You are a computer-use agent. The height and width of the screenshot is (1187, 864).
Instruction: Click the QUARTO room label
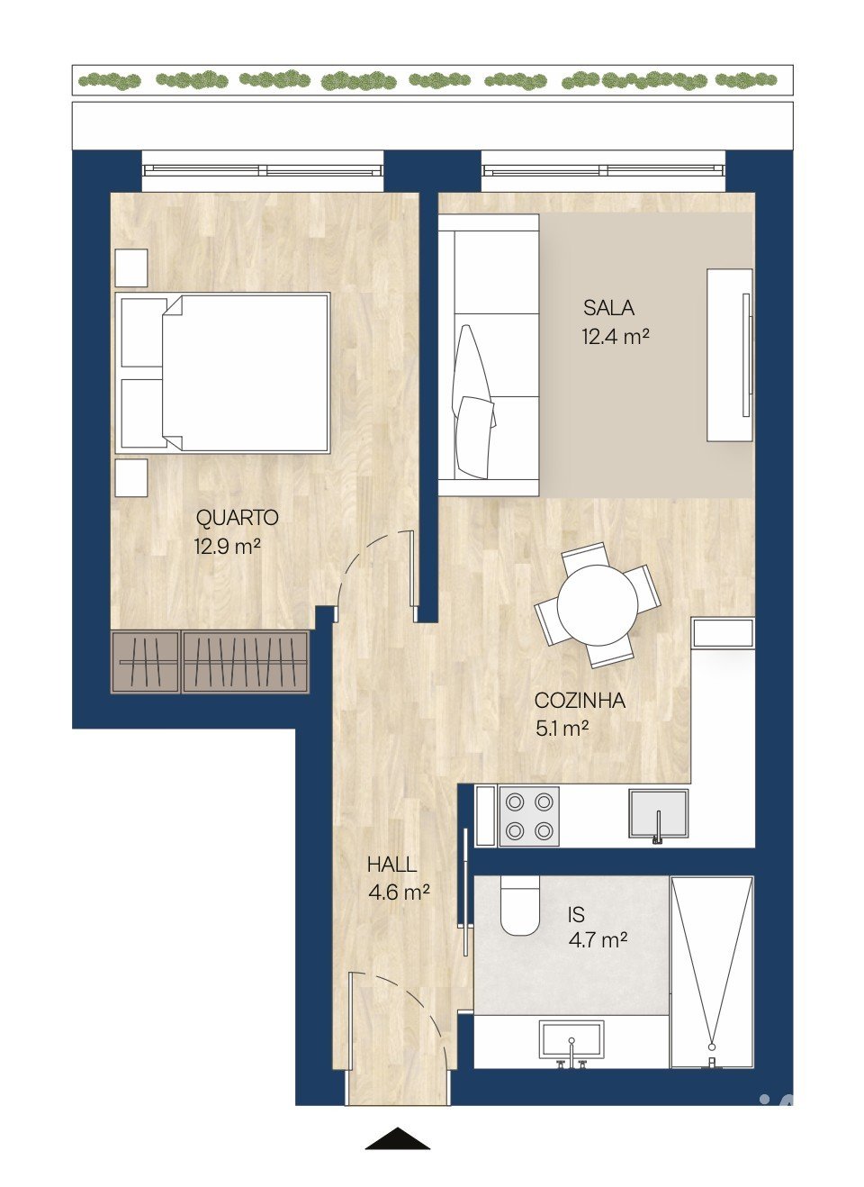pos(238,518)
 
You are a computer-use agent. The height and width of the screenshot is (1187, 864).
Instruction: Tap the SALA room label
pos(608,307)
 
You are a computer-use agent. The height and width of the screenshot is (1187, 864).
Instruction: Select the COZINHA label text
pos(580,701)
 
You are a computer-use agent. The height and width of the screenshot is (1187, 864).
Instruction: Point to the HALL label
pos(391,865)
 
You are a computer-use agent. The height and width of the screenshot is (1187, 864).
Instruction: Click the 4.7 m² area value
pos(598,940)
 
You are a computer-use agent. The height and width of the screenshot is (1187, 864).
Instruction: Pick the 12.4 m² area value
pos(616,336)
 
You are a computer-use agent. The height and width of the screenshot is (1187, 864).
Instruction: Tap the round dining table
pos(598,604)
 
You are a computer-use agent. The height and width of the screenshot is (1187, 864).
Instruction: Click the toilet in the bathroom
pos(520,906)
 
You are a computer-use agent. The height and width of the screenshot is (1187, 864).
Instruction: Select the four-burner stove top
pos(529,817)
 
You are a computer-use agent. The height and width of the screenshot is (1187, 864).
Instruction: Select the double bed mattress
pos(246,373)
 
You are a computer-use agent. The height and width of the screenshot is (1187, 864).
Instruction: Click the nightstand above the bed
pos(131,268)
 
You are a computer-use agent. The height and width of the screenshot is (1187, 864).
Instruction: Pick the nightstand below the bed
pos(131,478)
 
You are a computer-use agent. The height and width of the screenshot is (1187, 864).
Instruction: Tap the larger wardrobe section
pos(245,662)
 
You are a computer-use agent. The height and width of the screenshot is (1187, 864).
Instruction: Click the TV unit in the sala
pos(730,355)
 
